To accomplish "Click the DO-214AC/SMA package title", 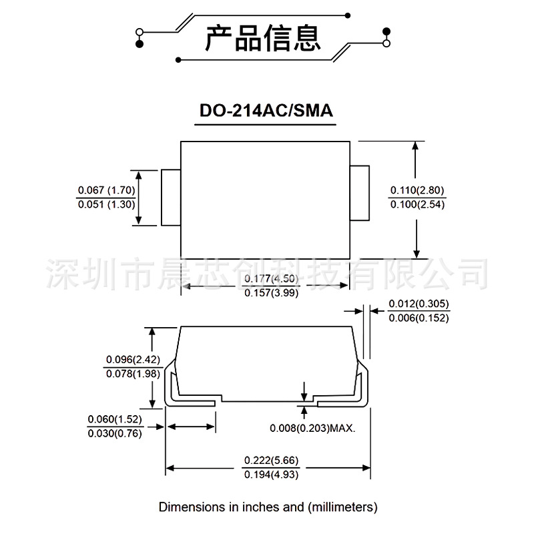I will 266,111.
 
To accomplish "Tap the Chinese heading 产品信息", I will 262,37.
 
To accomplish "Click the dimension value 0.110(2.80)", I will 417,190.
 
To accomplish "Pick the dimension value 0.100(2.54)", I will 417,204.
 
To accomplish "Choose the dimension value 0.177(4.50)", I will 266,278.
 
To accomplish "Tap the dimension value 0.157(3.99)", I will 266,292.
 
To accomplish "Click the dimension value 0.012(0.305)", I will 419,304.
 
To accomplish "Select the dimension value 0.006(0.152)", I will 419,318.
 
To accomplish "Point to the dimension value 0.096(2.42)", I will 133,359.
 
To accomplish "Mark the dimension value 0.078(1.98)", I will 133,373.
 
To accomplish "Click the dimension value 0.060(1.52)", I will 115,419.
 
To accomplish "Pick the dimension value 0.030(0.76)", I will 115,433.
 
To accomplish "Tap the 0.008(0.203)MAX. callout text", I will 312,428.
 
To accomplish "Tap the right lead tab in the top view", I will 360,193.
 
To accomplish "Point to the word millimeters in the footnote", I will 342,507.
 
